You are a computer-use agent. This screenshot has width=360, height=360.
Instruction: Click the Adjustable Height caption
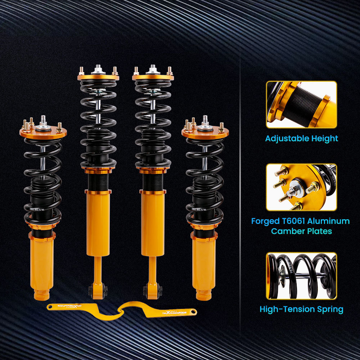click(x=302, y=138)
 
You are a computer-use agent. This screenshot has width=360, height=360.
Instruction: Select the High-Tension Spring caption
click(x=302, y=309)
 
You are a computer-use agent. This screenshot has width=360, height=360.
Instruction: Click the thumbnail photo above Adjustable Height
click(x=302, y=105)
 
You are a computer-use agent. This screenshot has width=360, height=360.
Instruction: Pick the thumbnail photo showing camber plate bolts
click(x=302, y=187)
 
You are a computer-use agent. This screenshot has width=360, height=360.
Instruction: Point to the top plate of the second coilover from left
click(x=98, y=77)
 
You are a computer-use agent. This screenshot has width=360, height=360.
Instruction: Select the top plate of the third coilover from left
click(x=153, y=77)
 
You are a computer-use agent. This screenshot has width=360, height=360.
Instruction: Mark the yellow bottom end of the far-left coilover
click(x=42, y=293)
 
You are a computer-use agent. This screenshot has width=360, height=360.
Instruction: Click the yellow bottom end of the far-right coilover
click(x=204, y=293)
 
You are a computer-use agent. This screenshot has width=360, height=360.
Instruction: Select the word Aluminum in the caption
click(x=326, y=221)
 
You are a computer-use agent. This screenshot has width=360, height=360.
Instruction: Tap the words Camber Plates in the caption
click(x=302, y=231)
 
